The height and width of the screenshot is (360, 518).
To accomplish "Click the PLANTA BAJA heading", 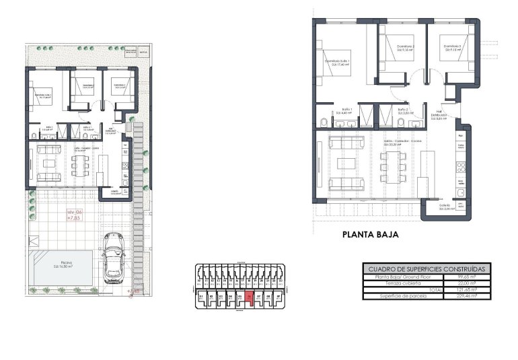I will [x=371, y=235].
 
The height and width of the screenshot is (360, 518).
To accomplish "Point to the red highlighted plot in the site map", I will [x=250, y=297].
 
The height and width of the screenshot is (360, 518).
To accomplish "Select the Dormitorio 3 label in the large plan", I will [x=451, y=48].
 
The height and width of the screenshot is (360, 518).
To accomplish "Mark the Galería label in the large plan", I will [x=445, y=208].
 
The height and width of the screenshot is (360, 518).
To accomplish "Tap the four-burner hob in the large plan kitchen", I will [x=461, y=164].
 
